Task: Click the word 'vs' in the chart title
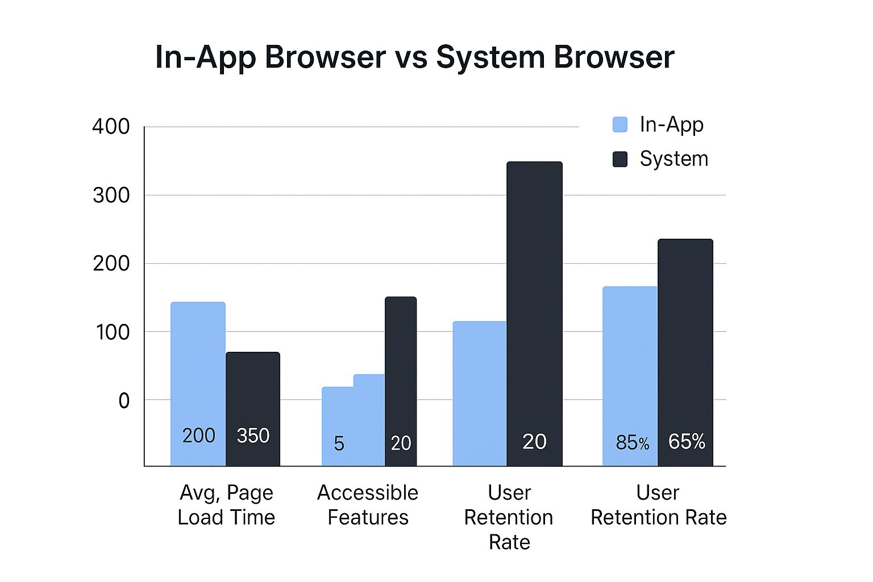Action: [411, 57]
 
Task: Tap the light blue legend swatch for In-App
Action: [620, 124]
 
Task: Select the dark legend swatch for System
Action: [620, 159]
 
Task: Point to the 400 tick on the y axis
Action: [111, 126]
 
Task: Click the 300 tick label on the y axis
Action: [111, 195]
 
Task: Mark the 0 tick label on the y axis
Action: [123, 401]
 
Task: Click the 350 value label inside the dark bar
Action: [253, 435]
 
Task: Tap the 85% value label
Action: [632, 442]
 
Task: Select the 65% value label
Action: [687, 441]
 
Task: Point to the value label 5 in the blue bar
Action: [339, 443]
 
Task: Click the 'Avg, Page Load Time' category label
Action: [226, 505]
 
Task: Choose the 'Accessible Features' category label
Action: [368, 505]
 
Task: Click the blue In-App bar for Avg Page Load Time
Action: [198, 369]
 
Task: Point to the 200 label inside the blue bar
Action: [198, 435]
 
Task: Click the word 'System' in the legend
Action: [674, 159]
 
